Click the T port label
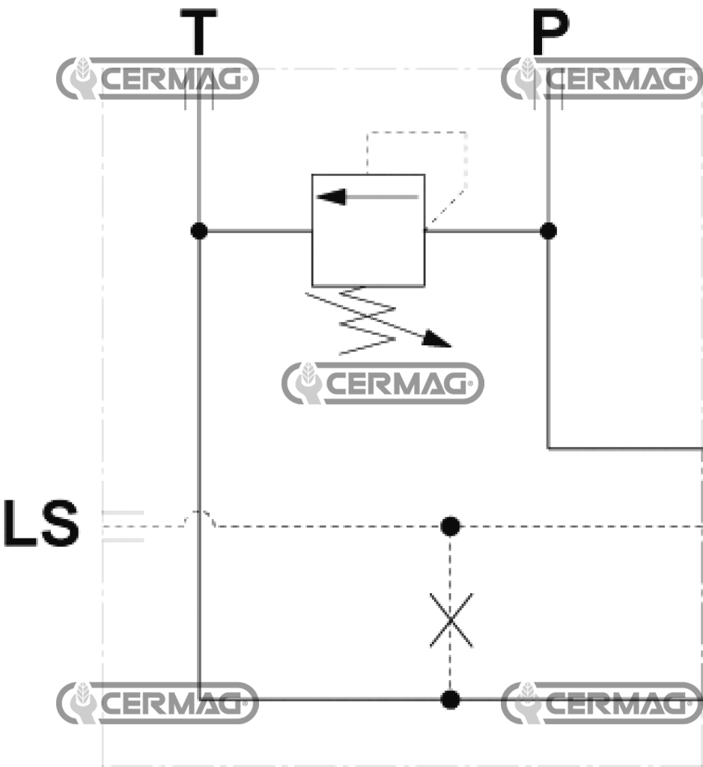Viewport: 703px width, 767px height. pos(198,34)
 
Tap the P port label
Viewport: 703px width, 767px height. pos(549,34)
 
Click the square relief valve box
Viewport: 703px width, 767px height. pos(368,231)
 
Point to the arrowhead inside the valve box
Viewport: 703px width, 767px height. pos(329,197)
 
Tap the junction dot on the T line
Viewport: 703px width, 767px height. pos(198,231)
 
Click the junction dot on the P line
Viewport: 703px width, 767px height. pos(549,231)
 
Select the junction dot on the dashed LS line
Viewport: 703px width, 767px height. pos(450,526)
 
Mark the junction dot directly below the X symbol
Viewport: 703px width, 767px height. pos(450,700)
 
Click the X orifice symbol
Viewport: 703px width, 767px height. pos(451,620)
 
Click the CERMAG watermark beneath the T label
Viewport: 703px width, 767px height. pos(157,79)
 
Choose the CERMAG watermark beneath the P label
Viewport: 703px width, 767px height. pos(602,79)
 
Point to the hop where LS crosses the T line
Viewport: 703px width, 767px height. pos(199,515)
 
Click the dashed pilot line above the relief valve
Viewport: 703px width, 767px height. pos(416,133)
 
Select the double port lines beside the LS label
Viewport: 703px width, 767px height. pos(122,526)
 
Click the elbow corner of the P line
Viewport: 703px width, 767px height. pos(549,449)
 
